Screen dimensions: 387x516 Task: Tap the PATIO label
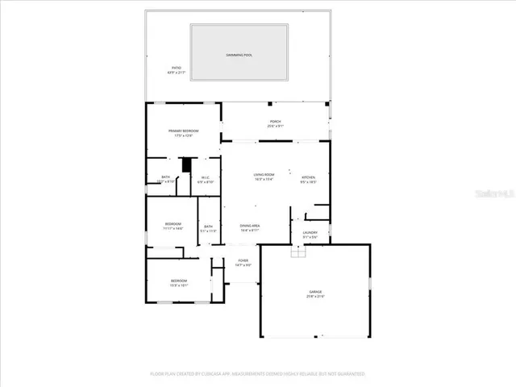(x=176, y=69)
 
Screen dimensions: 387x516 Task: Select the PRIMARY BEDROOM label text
(x=183, y=131)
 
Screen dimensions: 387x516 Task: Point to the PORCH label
(x=276, y=123)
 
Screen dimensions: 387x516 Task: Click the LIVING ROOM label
(x=264, y=175)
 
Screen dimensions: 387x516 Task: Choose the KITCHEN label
(x=309, y=177)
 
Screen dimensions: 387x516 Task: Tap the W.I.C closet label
(x=206, y=178)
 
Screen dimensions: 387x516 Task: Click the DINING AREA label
(x=250, y=227)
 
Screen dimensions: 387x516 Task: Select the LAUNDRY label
(x=310, y=233)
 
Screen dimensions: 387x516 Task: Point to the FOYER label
(x=243, y=261)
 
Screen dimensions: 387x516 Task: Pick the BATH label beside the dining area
(x=208, y=227)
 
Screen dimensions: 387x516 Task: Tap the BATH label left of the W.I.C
(x=166, y=178)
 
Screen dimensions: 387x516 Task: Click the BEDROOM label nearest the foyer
(x=178, y=281)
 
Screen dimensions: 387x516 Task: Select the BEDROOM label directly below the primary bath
(x=173, y=224)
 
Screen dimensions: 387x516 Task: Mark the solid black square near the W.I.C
(x=186, y=165)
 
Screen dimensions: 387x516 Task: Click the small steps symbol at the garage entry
(x=299, y=252)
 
